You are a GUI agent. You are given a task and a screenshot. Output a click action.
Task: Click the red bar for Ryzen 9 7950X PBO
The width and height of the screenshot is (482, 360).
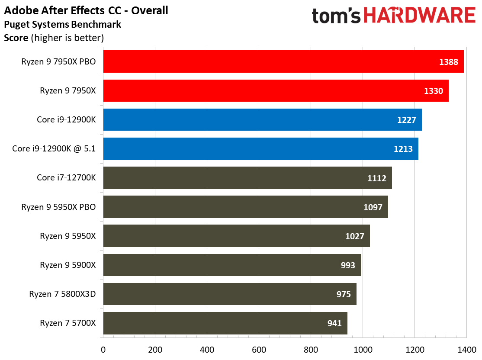(x=283, y=61)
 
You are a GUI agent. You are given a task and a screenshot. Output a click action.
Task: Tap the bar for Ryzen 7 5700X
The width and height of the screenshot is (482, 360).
(x=225, y=323)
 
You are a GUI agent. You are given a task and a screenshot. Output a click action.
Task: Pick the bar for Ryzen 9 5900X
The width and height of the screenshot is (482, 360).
(x=232, y=265)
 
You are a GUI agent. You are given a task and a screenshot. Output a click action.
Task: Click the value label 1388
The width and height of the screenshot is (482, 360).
(x=448, y=62)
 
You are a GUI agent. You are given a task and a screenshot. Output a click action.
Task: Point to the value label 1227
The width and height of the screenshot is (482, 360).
(x=406, y=120)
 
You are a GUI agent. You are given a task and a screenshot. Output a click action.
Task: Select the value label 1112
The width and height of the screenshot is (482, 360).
(x=376, y=178)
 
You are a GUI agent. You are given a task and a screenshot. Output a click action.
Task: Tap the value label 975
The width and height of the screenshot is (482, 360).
(x=344, y=294)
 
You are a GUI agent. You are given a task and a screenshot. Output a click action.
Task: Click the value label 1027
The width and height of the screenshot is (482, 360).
(x=355, y=236)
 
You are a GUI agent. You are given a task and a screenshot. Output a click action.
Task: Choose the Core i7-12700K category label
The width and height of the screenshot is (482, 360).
(x=66, y=178)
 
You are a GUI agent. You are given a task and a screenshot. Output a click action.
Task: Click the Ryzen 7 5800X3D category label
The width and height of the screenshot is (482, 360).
(x=62, y=294)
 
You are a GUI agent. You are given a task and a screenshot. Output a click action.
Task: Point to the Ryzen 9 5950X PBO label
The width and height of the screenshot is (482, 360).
(x=58, y=207)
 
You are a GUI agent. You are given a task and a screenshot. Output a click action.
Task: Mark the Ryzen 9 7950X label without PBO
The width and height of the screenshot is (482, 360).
(x=67, y=90)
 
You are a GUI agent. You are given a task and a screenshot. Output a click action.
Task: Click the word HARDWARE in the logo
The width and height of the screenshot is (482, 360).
(x=420, y=16)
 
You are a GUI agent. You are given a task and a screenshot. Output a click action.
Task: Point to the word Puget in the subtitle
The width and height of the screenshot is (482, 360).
(x=16, y=24)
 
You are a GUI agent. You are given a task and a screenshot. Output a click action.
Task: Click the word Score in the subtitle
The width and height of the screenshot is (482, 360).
(x=16, y=38)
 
